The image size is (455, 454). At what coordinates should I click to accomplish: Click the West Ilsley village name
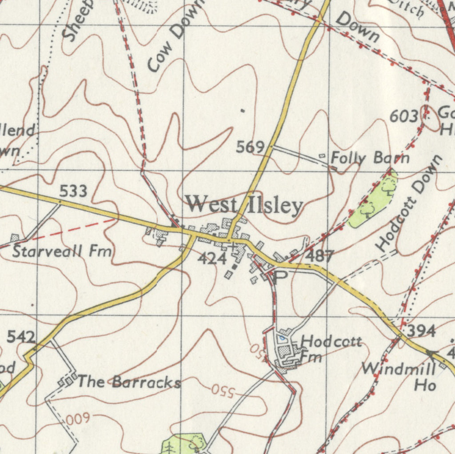(x=244, y=206)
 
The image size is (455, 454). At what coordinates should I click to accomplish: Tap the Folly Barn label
(x=370, y=158)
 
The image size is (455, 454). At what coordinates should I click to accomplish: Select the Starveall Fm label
(x=62, y=251)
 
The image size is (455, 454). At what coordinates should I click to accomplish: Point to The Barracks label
(x=129, y=382)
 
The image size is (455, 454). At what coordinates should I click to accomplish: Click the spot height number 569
(x=250, y=147)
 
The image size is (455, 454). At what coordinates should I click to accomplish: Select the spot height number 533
(x=73, y=191)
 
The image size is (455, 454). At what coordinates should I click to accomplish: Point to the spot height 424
(x=212, y=258)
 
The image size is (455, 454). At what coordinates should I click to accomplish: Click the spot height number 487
(x=320, y=256)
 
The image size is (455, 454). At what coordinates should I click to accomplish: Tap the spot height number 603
(x=404, y=116)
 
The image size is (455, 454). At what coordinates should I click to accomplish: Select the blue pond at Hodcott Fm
(x=281, y=339)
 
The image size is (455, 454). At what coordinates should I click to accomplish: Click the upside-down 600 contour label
(x=78, y=418)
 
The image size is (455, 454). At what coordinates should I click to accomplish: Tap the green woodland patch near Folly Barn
(x=373, y=200)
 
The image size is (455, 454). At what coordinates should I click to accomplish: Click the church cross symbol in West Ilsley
(x=232, y=245)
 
